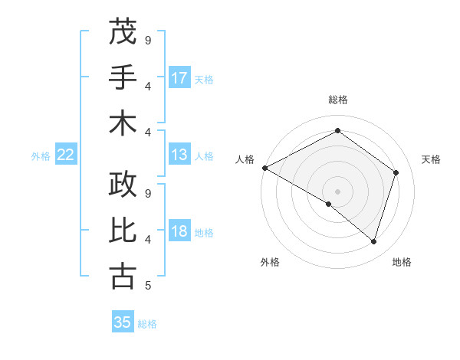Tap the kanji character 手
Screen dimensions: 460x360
click(x=123, y=77)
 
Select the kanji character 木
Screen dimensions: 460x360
click(x=123, y=123)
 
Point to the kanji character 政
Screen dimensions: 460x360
click(x=123, y=185)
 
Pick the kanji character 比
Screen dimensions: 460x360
click(x=123, y=231)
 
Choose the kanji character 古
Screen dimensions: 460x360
click(x=123, y=276)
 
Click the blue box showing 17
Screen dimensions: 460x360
click(x=179, y=78)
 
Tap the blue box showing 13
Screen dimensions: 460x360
click(x=179, y=155)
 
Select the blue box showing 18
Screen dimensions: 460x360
click(x=179, y=232)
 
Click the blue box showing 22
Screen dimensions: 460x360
click(x=66, y=155)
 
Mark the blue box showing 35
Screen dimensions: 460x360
click(x=123, y=322)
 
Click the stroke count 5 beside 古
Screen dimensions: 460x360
click(x=147, y=286)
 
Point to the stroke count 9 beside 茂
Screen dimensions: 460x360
click(x=147, y=39)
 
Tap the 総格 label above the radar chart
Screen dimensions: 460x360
click(x=337, y=100)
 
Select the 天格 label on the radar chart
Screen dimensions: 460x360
click(x=431, y=159)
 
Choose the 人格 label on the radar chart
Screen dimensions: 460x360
click(x=245, y=159)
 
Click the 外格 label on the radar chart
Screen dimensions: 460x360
click(x=270, y=262)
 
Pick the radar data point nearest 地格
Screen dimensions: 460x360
click(x=373, y=242)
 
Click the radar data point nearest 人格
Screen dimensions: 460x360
click(x=264, y=168)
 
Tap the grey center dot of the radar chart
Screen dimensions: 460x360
click(x=337, y=191)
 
